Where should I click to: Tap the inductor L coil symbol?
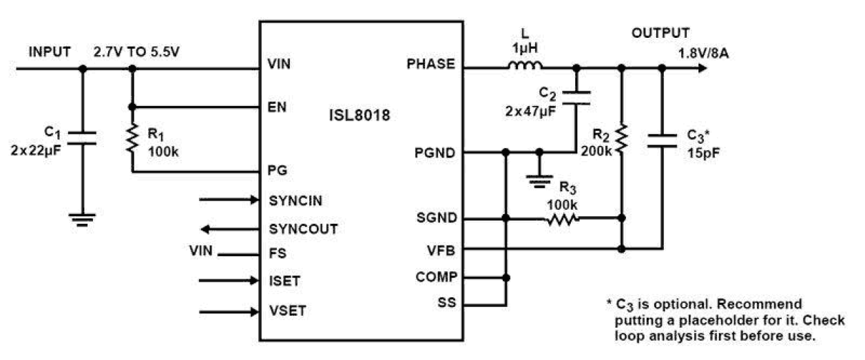pyautogui.click(x=525, y=67)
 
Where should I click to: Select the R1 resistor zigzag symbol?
pyautogui.click(x=132, y=140)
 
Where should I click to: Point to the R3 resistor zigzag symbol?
pyautogui.click(x=563, y=219)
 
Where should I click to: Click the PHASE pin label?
pyautogui.click(x=431, y=64)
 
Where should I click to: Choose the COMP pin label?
pyautogui.click(x=435, y=277)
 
